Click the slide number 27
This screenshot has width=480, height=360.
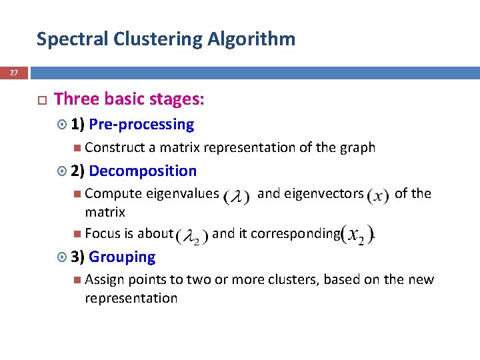pos(14,73)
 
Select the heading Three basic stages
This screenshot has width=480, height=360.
pos(129,100)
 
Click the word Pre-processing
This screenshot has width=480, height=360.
pos(141,125)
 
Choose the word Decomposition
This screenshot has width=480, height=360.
pos(143,171)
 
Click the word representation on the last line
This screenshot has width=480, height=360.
pos(131,299)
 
